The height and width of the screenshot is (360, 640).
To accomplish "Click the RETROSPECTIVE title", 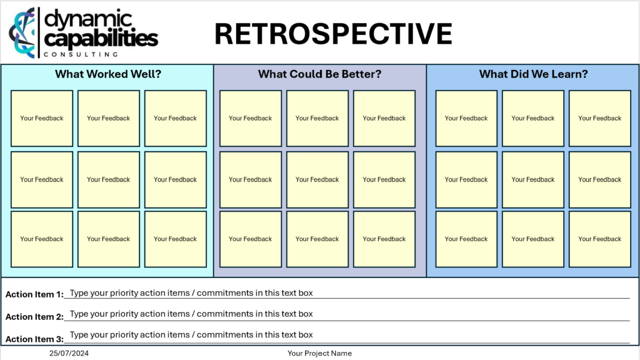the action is point(334,34).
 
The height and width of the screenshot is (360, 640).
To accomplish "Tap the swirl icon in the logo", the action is point(22,32).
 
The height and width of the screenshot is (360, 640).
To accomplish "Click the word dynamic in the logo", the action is point(88,19).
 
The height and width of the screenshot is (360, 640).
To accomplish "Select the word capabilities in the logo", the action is point(101,38).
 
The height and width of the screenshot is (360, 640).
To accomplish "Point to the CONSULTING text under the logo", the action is point(81,54).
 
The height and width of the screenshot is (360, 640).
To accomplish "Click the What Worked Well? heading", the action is point(108,74).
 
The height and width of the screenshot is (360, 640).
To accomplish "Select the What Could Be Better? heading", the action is point(319,74).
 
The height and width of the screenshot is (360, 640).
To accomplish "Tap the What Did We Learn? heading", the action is point(534,74).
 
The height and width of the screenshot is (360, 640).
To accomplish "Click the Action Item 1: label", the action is point(35,294).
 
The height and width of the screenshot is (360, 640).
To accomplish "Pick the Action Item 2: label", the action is point(35,317).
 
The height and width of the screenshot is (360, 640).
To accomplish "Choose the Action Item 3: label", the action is point(35,339).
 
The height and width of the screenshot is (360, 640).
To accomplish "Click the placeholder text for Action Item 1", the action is point(191,293).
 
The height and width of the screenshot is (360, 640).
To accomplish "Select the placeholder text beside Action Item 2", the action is point(191,314).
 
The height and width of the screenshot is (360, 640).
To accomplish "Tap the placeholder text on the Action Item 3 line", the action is point(191,335).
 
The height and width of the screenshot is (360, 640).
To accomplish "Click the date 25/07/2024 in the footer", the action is point(69,354).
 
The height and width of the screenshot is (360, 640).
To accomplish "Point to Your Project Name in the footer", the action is point(319,354).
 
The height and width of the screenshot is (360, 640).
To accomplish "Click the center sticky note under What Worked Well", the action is point(109,179).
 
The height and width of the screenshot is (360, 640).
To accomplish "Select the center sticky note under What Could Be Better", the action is point(317,179).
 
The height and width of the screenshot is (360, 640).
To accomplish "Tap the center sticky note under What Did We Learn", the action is point(533,179).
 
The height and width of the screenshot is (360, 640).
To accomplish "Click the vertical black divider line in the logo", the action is point(39,32).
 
